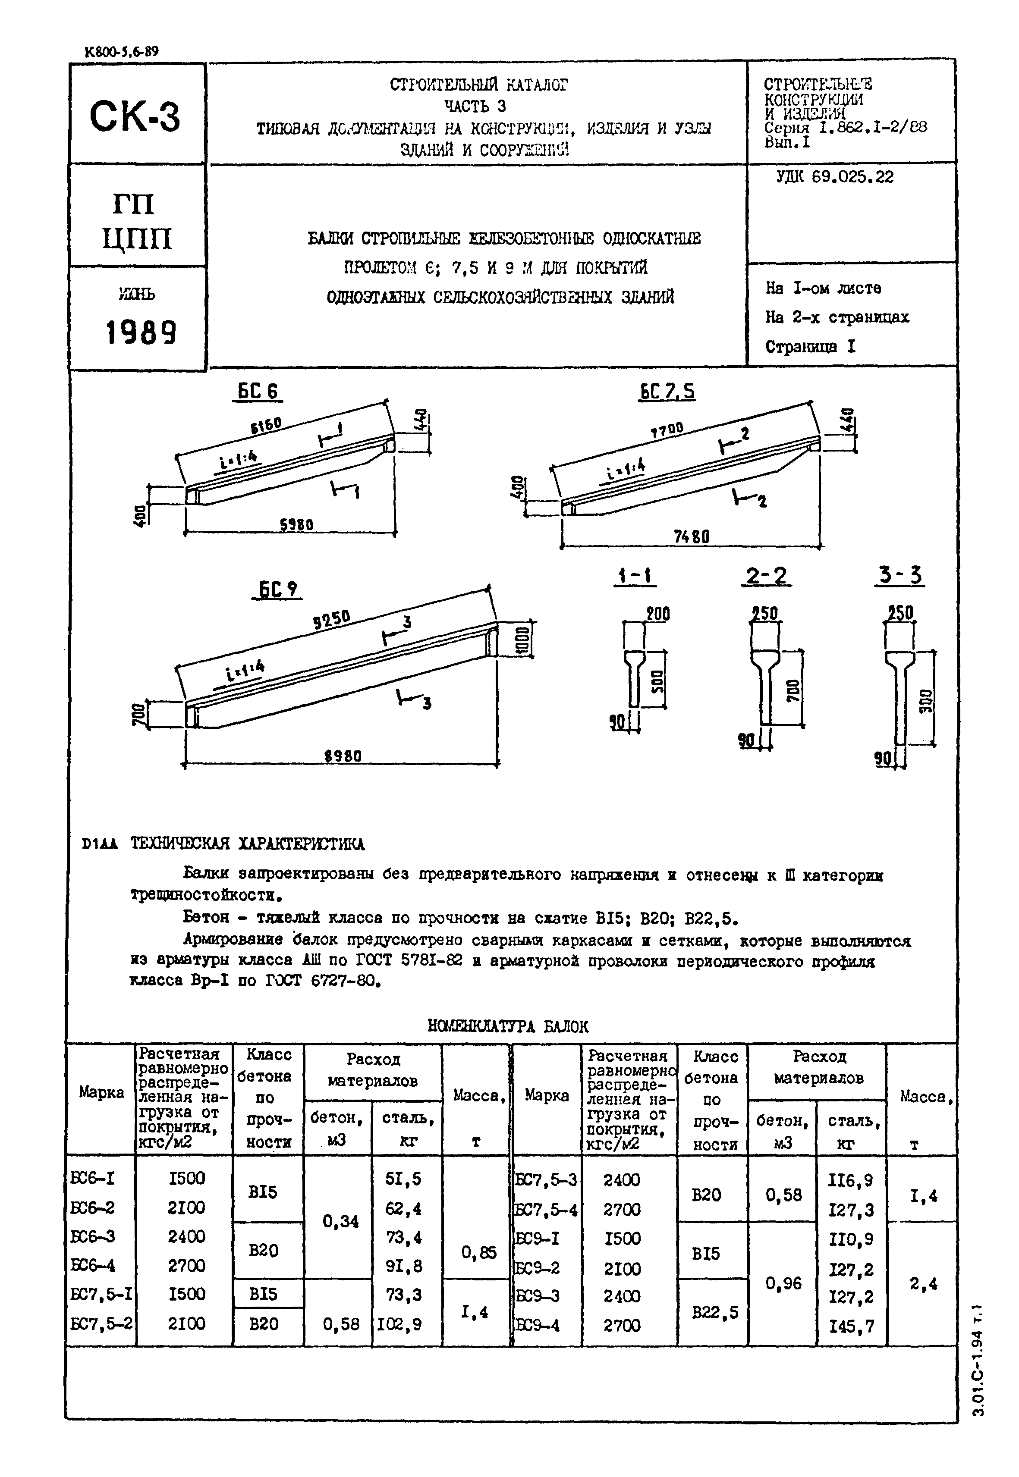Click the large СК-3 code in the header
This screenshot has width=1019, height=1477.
point(135,117)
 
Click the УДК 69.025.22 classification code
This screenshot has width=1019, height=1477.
point(834,177)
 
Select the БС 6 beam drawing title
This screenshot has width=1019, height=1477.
point(258,391)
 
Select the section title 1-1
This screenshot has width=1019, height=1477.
point(634,577)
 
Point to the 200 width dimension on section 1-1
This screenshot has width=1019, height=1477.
point(657,614)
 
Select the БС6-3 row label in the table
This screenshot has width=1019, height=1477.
point(93,1236)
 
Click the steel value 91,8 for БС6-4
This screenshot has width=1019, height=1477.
point(403,1265)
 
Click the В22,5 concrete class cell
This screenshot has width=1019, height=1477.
point(715,1312)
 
